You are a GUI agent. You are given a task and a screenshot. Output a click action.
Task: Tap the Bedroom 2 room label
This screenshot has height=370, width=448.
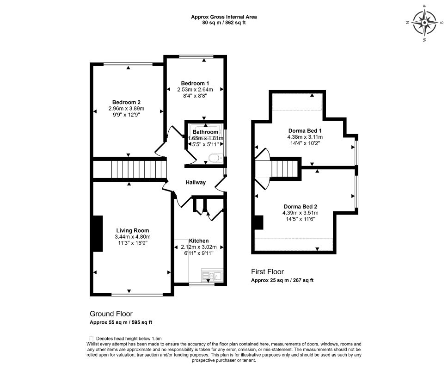[126, 102]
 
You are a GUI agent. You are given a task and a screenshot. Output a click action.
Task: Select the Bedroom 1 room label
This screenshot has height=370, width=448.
[195, 83]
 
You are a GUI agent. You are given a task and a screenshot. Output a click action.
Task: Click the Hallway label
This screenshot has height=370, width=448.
[196, 182]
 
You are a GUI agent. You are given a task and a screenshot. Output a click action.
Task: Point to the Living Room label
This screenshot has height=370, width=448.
[133, 231]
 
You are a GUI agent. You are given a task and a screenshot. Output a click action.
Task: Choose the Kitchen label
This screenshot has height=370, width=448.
[199, 241]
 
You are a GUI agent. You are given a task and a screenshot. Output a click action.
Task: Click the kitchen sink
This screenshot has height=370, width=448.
[212, 276]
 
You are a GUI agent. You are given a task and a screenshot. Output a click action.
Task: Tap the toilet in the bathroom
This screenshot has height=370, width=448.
[216, 158]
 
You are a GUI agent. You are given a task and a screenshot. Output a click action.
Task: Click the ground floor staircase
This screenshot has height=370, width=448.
[130, 169]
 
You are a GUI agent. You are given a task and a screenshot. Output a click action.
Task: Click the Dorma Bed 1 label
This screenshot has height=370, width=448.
[305, 131]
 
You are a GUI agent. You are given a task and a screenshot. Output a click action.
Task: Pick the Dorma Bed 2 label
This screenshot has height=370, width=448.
[301, 207]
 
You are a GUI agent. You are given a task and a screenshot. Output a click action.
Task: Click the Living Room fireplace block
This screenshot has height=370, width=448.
[98, 234]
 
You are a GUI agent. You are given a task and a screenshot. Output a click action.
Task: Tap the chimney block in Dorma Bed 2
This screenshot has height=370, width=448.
[259, 222]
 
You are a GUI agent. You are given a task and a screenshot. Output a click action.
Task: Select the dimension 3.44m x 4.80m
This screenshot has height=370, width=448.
[133, 237]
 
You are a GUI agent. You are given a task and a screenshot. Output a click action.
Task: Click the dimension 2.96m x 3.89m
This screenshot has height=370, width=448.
[126, 109]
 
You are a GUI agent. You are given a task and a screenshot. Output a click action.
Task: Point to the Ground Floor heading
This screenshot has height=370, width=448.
[111, 314]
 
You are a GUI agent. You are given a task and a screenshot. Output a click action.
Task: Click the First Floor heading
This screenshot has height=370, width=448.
[267, 271]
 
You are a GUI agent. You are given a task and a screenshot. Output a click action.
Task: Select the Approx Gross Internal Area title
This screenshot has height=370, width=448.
[224, 17]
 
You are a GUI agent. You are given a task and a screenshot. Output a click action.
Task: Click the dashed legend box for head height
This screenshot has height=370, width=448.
[92, 338]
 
